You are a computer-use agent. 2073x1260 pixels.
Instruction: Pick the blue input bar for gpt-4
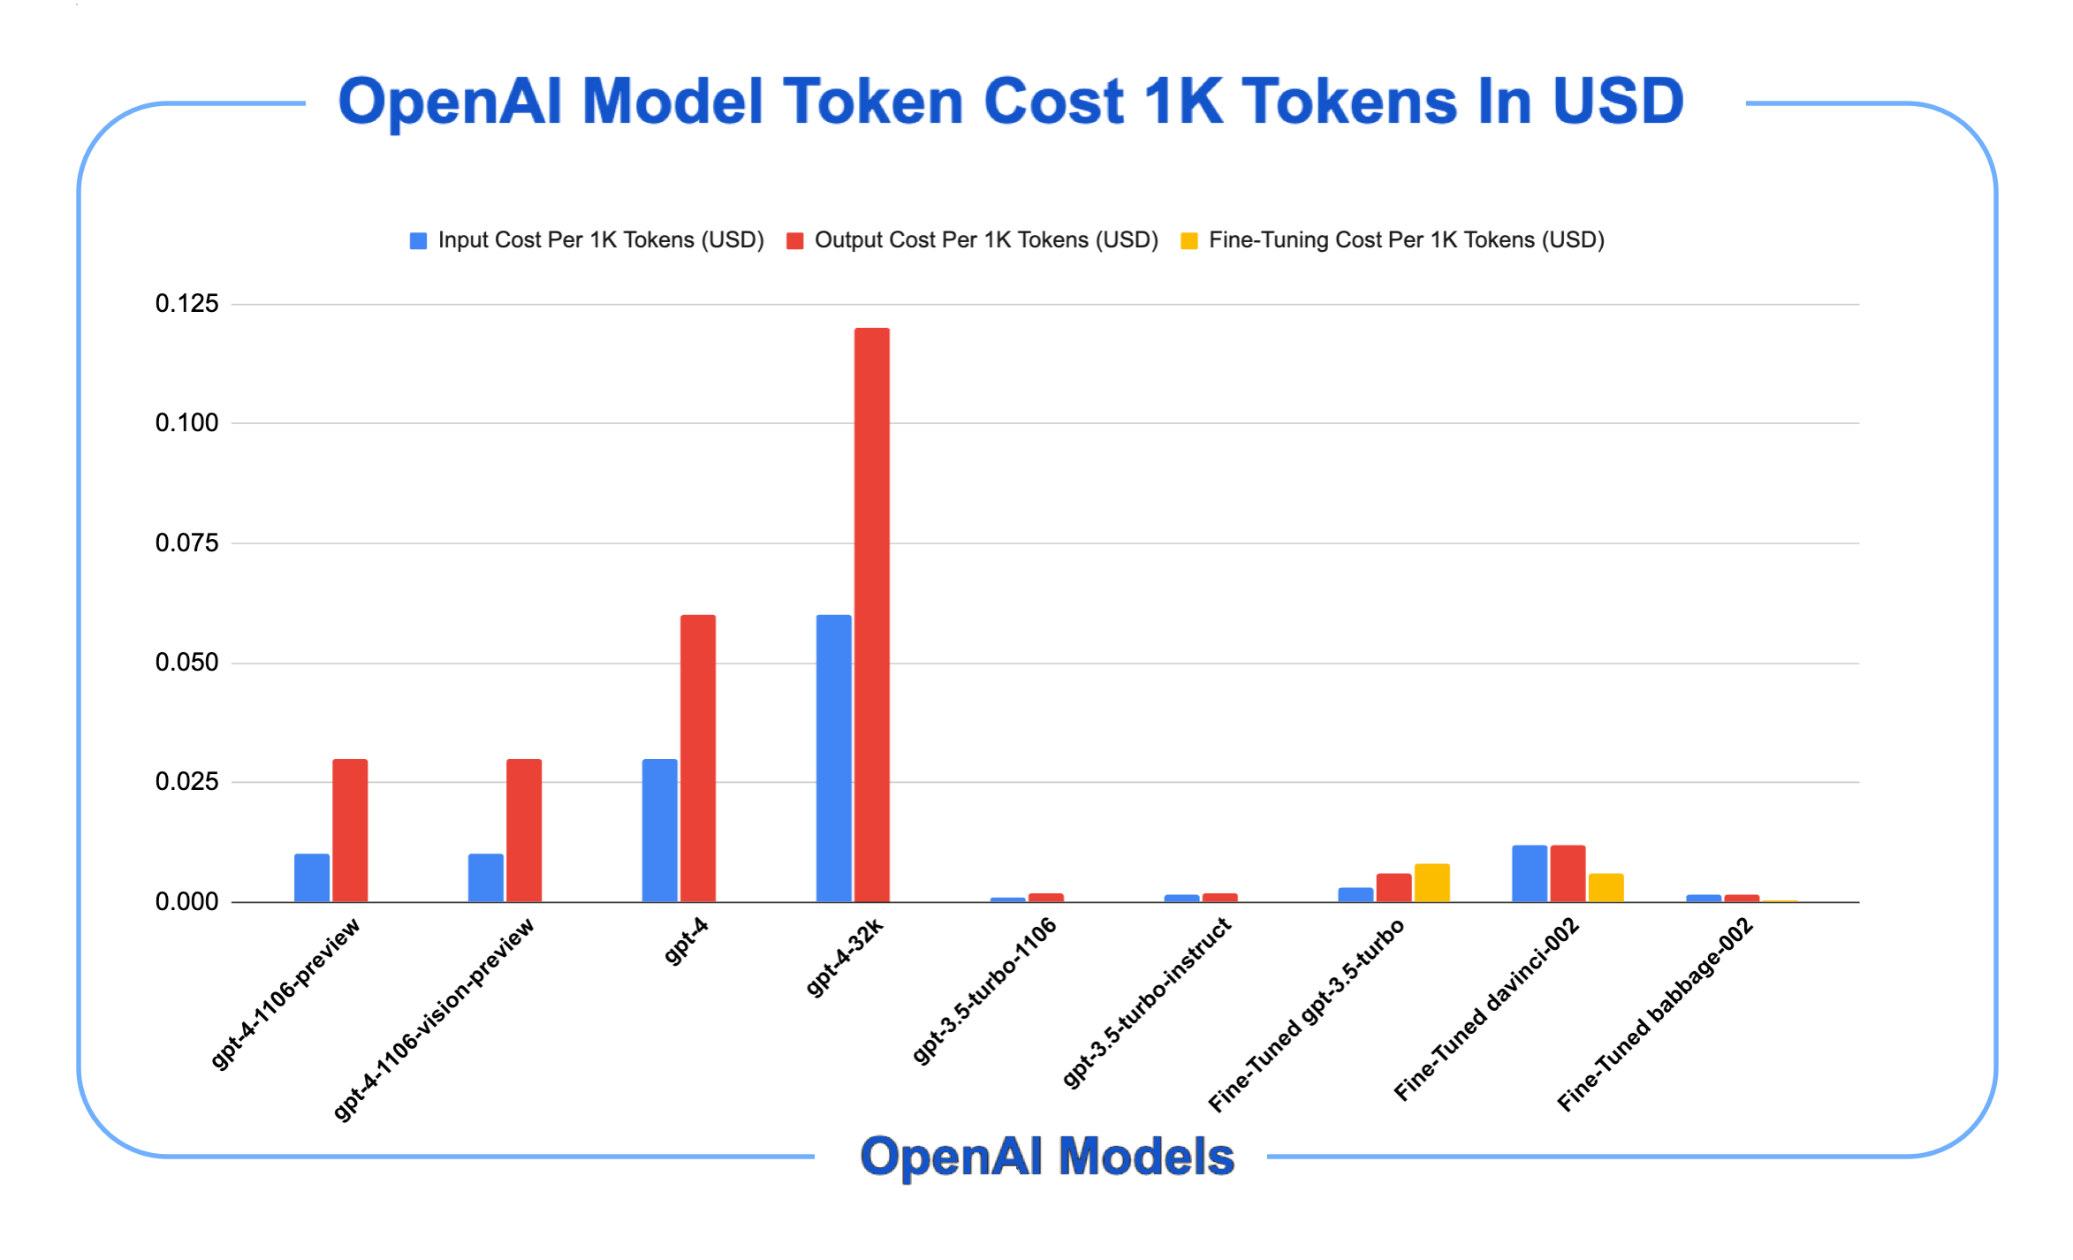click(x=659, y=830)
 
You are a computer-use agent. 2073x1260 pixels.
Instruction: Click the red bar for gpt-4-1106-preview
click(x=350, y=830)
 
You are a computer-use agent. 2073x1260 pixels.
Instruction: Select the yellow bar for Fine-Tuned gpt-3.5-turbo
click(x=1431, y=883)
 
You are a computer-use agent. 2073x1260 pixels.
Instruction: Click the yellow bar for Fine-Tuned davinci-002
click(x=1606, y=887)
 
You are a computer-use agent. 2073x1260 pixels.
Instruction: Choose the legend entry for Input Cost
click(x=587, y=240)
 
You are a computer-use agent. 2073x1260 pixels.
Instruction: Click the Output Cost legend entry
click(x=972, y=240)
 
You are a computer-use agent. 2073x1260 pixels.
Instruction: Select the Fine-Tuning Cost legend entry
click(x=1393, y=240)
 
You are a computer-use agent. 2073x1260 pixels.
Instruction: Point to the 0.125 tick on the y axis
click(x=186, y=304)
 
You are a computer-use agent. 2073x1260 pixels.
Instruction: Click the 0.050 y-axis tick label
click(x=186, y=663)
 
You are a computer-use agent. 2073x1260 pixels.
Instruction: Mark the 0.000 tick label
click(x=186, y=902)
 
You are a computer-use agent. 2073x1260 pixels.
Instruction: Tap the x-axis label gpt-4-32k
click(x=846, y=958)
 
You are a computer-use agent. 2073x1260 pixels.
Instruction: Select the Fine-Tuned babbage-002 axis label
click(x=1654, y=1014)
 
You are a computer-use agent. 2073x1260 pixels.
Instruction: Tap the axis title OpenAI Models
click(x=1047, y=1157)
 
